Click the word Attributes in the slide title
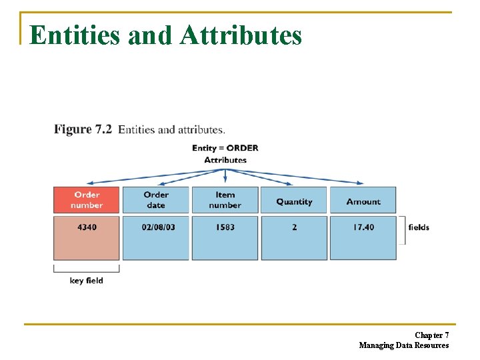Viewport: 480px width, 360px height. (x=241, y=35)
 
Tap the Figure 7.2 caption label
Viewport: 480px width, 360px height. (x=83, y=129)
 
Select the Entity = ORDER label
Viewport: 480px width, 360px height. (x=225, y=148)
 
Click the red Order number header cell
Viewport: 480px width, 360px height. (x=87, y=200)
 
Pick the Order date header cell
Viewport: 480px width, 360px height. (x=156, y=200)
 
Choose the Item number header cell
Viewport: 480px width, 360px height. (x=225, y=200)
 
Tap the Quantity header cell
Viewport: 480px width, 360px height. (x=294, y=201)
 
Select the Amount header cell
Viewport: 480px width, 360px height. (x=363, y=201)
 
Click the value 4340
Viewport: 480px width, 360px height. (x=87, y=227)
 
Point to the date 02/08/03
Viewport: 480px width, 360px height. (x=159, y=227)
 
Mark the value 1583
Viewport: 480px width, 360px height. (x=225, y=227)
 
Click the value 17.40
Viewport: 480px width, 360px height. (x=363, y=227)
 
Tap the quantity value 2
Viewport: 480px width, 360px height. (x=294, y=227)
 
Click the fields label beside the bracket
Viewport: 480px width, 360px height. (x=419, y=227)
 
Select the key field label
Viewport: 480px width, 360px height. (x=87, y=281)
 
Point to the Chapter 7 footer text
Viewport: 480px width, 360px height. (x=431, y=335)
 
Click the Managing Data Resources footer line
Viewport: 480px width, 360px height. (x=404, y=345)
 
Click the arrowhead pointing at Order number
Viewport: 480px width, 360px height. (x=90, y=182)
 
